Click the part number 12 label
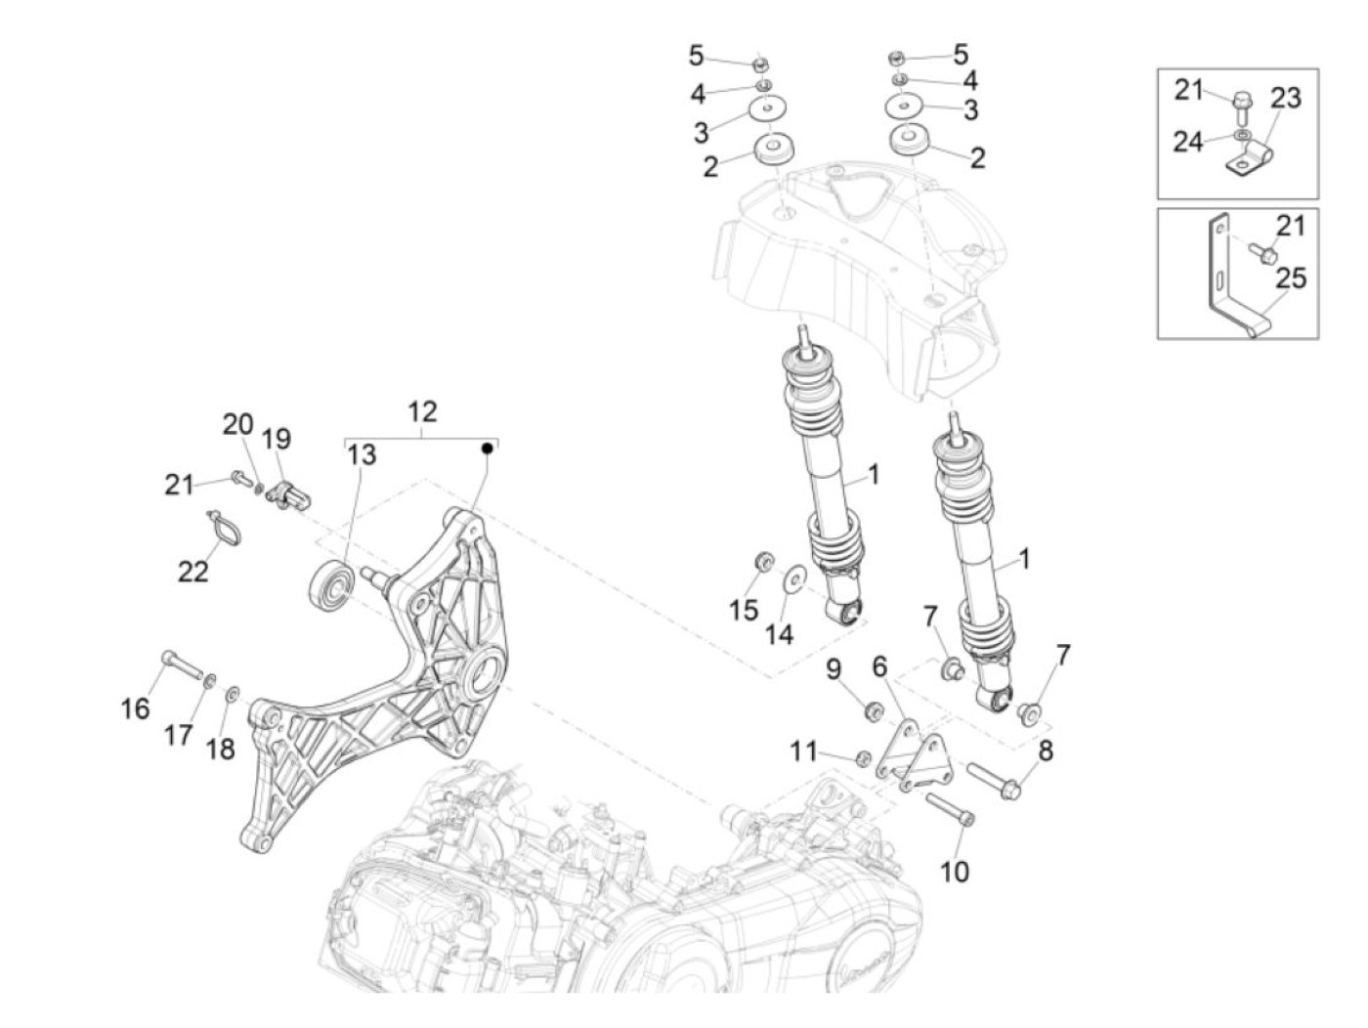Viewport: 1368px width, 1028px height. point(422,411)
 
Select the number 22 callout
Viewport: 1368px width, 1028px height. point(193,571)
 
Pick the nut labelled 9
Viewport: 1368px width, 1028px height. point(875,709)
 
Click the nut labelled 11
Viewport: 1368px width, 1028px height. point(863,758)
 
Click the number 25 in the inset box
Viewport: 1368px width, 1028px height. point(1291,278)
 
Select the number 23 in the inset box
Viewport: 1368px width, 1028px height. point(1286,98)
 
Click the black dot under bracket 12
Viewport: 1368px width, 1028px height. point(486,448)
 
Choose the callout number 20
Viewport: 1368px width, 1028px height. point(237,425)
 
